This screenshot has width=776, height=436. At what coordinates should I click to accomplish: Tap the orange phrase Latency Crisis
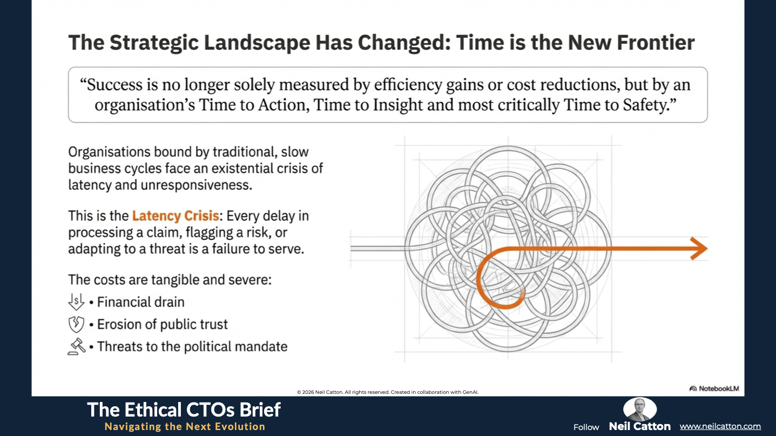point(176,216)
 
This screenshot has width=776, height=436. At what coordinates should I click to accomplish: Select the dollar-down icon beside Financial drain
point(77,301)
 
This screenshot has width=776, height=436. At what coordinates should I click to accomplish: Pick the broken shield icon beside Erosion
point(77,324)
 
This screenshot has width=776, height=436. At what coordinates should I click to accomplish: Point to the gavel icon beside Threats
point(77,346)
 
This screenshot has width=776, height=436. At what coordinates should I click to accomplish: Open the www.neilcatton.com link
point(720,426)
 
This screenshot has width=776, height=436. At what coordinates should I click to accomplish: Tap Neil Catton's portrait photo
point(639,409)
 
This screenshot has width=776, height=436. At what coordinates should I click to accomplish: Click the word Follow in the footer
point(586,427)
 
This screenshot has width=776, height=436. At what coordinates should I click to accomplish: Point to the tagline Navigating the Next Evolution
point(185,426)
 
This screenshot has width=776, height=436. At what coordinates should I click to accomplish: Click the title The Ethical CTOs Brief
point(184,410)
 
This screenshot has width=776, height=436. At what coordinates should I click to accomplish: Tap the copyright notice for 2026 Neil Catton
point(388,392)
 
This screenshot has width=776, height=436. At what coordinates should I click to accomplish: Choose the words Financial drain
point(141,301)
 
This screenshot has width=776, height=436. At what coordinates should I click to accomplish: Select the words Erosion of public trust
point(163,324)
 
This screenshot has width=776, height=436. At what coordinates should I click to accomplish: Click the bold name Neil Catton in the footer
point(639,426)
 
